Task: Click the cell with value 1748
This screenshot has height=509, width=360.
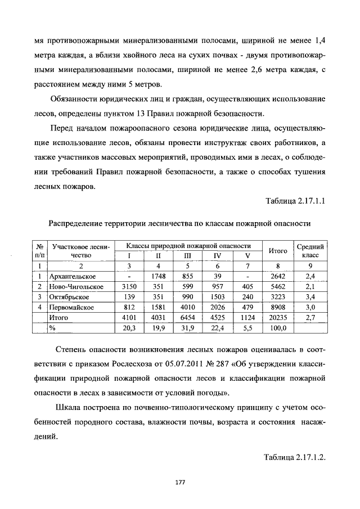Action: (159, 276)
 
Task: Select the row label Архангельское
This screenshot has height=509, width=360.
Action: (73, 276)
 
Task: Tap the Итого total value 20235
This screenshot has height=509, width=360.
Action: (278, 318)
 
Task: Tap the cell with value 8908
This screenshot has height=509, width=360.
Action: (278, 308)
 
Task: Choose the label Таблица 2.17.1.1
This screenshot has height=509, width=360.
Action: (295, 201)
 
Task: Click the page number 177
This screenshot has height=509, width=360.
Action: (180, 482)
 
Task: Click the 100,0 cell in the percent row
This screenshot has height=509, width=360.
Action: (278, 328)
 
